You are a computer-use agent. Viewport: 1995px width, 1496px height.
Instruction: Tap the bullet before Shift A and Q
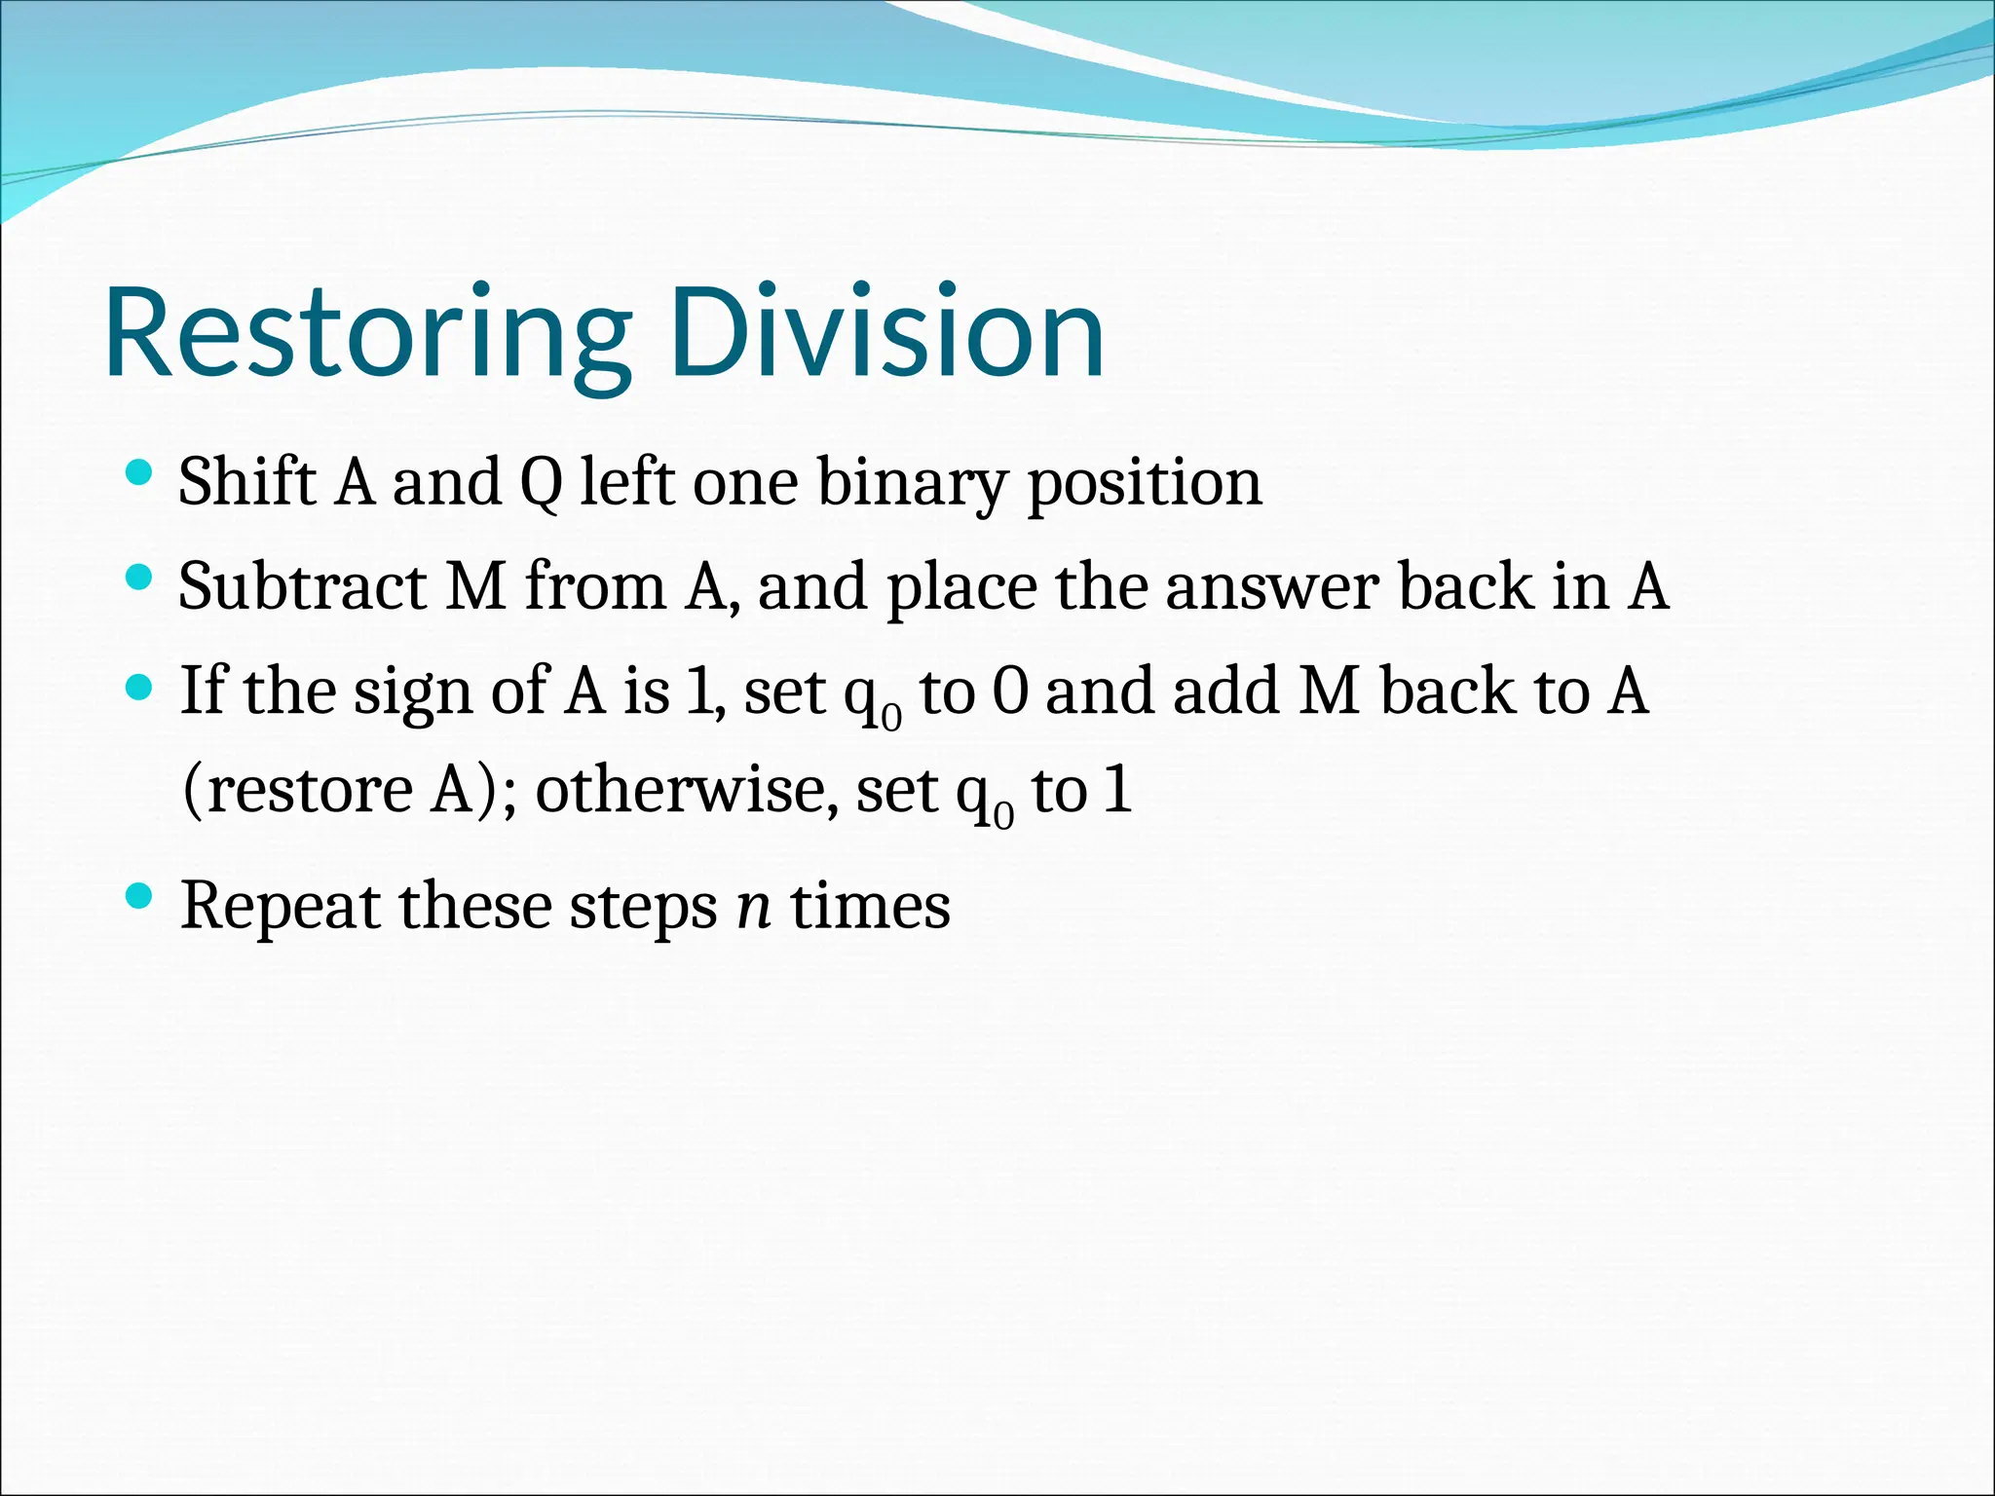pos(140,474)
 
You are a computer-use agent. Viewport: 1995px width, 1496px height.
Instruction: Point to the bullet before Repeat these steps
pos(140,896)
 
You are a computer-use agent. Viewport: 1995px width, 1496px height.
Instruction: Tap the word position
pos(1146,484)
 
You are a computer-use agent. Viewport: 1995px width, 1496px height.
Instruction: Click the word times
pos(870,906)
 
